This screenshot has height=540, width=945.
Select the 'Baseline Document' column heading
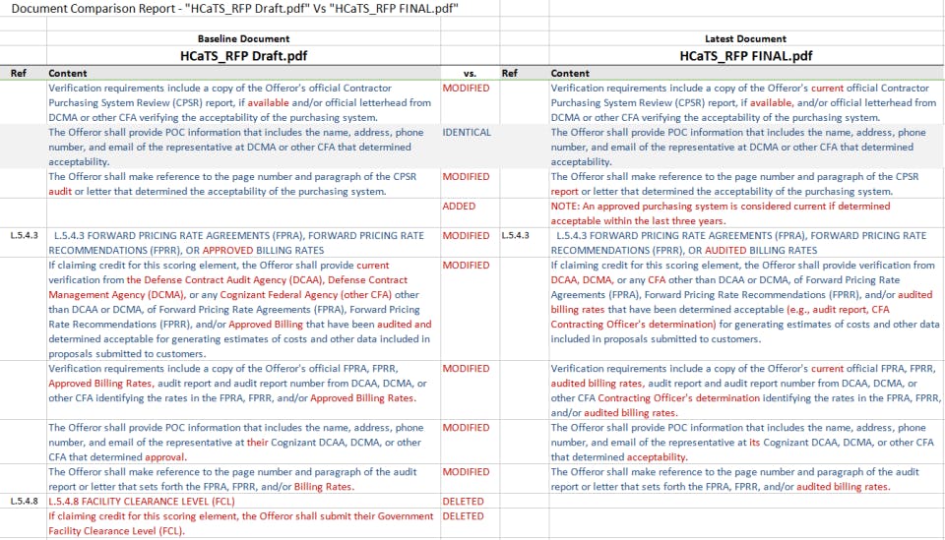click(243, 38)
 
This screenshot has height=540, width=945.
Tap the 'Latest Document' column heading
click(745, 38)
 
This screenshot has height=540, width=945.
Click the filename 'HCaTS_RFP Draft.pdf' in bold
click(243, 56)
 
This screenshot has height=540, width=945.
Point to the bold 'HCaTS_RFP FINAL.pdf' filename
click(745, 56)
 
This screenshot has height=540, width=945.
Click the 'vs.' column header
click(470, 73)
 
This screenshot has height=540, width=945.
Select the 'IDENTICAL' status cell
click(467, 133)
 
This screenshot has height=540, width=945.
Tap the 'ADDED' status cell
click(459, 207)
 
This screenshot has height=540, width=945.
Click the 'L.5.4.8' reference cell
click(25, 502)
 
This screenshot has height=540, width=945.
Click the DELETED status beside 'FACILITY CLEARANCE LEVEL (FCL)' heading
click(464, 502)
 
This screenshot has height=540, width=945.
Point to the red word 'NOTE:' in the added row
click(566, 207)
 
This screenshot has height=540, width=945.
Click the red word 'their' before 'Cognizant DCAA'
click(258, 443)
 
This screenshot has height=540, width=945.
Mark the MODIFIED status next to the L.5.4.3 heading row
click(466, 236)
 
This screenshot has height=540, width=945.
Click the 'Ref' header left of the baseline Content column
click(19, 73)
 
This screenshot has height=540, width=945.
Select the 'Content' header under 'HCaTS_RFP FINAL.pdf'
click(570, 73)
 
